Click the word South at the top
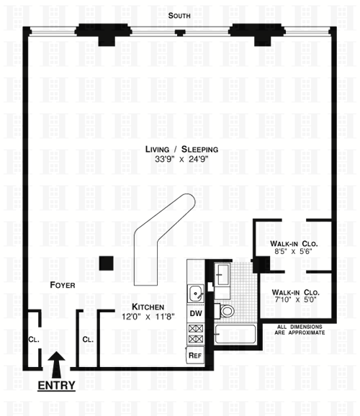point(179,16)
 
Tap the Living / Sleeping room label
point(181,150)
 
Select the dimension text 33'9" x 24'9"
point(181,159)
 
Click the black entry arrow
point(56,364)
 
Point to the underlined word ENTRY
point(56,385)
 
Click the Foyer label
point(63,285)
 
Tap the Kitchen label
point(148,307)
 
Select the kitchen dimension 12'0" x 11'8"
point(148,317)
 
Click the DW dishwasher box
point(196,313)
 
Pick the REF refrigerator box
point(195,355)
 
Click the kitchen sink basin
point(196,293)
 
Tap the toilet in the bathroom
point(225,311)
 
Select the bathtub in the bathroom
point(235,334)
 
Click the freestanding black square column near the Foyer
point(106,263)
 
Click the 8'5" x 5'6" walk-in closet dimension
point(293,251)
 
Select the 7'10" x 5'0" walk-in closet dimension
point(295,300)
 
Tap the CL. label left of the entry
point(34,340)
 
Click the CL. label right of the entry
point(88,340)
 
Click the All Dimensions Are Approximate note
point(300,330)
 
